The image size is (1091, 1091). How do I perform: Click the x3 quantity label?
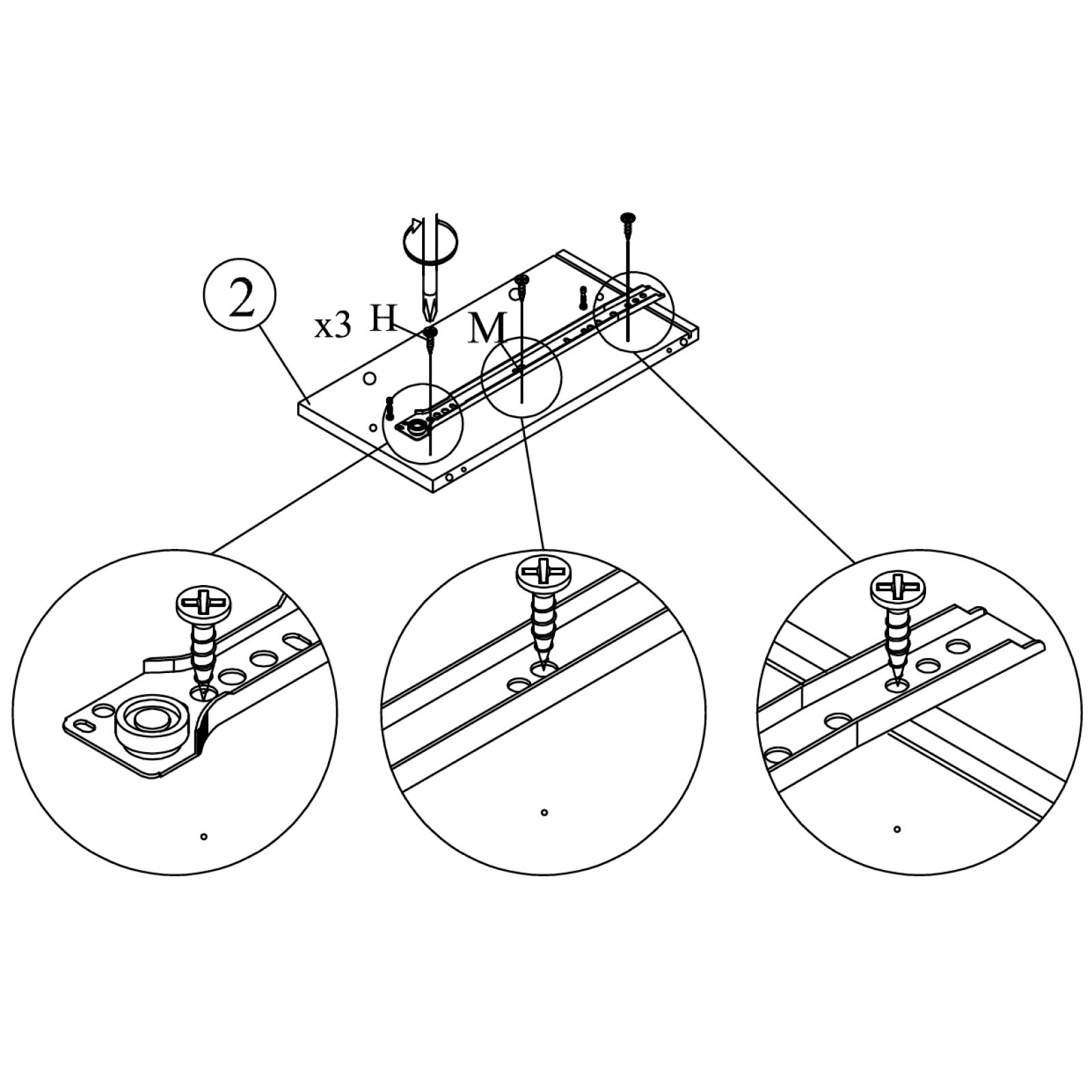[x=333, y=327]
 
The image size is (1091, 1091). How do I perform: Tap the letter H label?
[x=383, y=318]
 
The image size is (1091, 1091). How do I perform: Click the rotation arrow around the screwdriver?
[x=430, y=241]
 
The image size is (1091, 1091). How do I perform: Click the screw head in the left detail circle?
[x=205, y=603]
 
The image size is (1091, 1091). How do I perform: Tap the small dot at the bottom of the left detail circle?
[x=204, y=837]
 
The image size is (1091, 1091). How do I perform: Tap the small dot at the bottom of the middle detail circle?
[x=543, y=812]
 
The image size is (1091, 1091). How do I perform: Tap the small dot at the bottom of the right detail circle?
[x=897, y=829]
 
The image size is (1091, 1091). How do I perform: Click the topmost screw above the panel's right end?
[x=626, y=218]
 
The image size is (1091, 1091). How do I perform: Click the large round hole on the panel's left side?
[x=369, y=378]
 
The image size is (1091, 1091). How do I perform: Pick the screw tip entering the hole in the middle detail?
[x=543, y=665]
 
